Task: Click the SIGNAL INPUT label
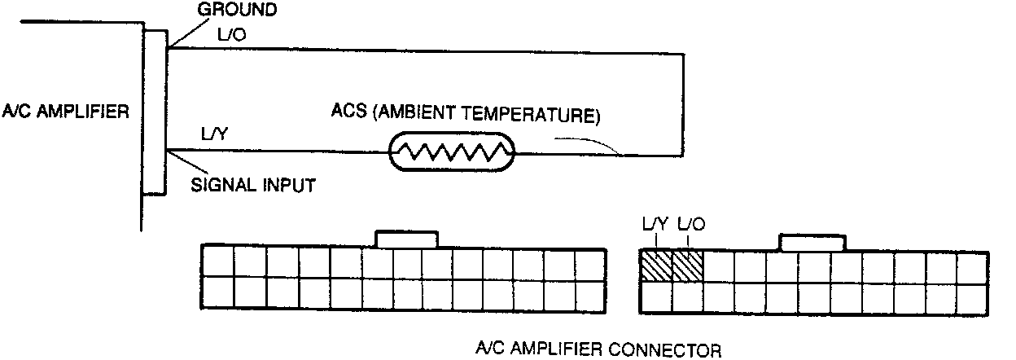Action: click(252, 186)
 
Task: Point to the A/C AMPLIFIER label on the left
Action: click(65, 112)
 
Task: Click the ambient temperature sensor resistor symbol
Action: click(449, 151)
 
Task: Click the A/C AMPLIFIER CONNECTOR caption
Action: click(598, 350)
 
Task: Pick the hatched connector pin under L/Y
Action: click(656, 266)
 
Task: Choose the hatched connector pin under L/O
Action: click(687, 266)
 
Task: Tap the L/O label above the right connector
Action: click(690, 222)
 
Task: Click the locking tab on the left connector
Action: click(407, 238)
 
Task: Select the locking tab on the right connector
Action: click(812, 242)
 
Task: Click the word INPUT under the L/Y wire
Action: click(289, 186)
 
